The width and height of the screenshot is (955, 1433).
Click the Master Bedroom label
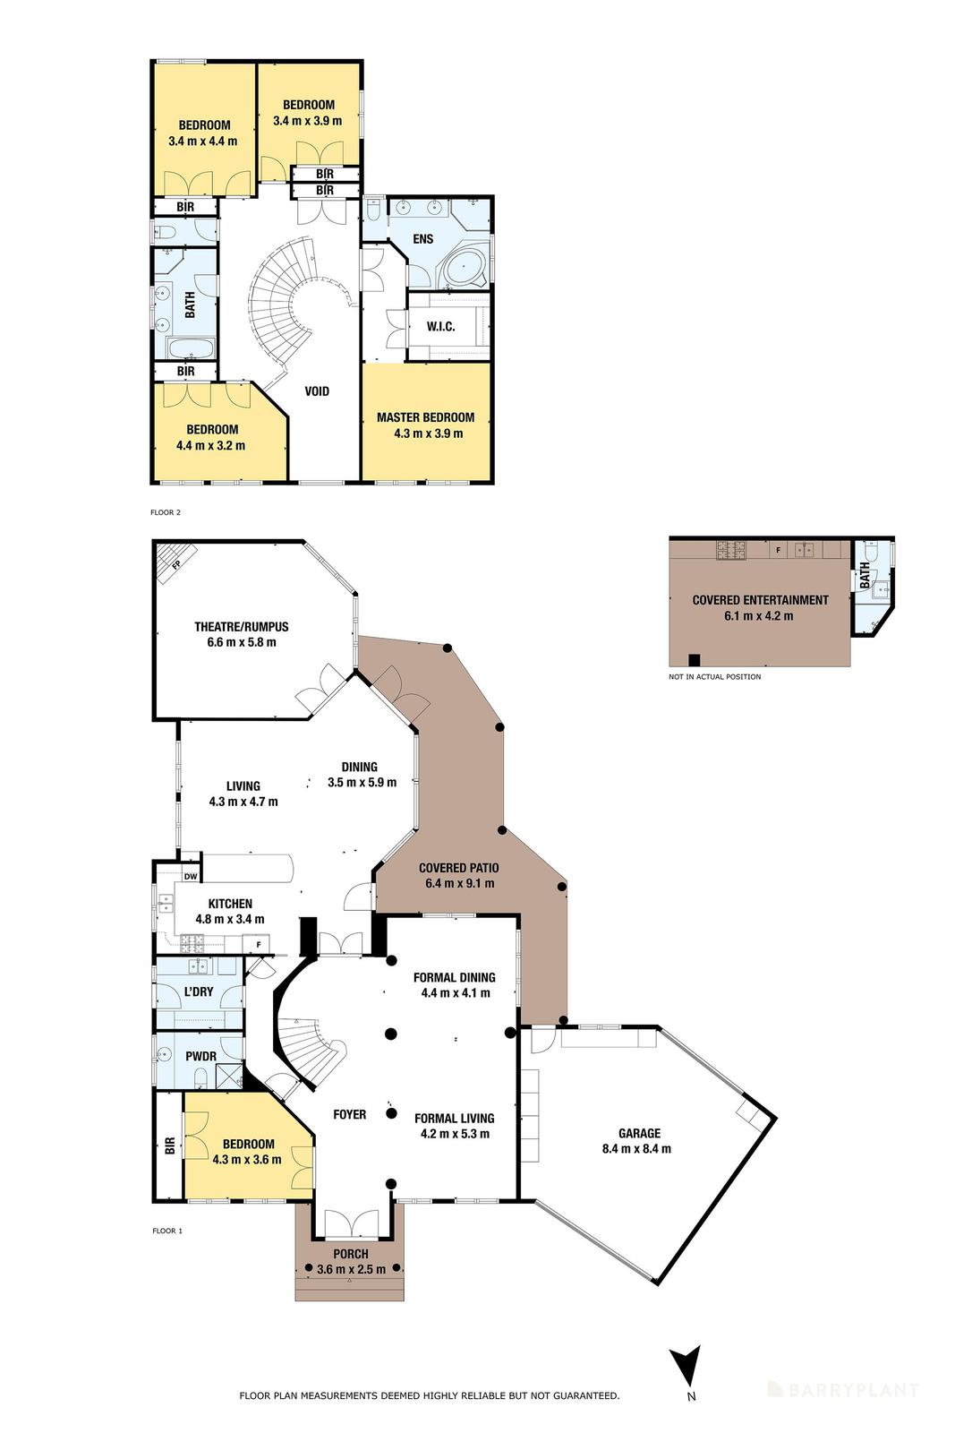425,417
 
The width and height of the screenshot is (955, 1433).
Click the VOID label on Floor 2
317,391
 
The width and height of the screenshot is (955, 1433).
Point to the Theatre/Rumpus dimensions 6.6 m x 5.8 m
241,642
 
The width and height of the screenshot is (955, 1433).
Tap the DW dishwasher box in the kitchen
190,877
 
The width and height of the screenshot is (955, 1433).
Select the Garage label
639,1133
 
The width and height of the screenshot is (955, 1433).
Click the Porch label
350,1254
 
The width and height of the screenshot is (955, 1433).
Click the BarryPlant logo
842,1390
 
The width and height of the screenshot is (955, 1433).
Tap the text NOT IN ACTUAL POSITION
714,677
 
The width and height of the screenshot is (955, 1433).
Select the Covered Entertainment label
760,600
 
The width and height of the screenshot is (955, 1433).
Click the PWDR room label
200,1056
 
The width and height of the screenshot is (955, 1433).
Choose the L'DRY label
199,991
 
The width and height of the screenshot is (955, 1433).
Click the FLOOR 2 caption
166,513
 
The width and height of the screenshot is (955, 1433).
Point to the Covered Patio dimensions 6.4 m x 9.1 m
459,883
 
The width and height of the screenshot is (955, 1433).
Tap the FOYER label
349,1114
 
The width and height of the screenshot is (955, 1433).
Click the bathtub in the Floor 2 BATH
190,348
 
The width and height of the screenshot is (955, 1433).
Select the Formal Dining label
454,977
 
